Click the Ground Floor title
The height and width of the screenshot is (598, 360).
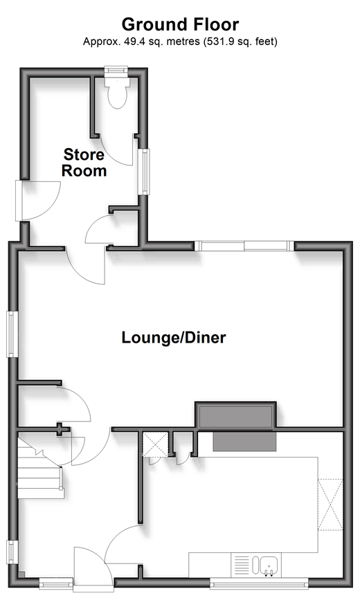pyautogui.click(x=180, y=24)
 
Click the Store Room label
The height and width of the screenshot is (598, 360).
pyautogui.click(x=84, y=163)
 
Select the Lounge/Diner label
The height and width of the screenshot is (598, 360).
pyautogui.click(x=174, y=338)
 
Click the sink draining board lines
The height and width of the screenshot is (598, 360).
pyautogui.click(x=241, y=565)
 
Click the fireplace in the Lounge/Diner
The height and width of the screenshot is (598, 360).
pyautogui.click(x=235, y=415)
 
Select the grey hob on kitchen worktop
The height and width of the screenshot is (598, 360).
pyautogui.click(x=244, y=442)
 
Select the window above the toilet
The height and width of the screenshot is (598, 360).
pyautogui.click(x=116, y=71)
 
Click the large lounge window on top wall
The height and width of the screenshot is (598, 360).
pyautogui.click(x=244, y=246)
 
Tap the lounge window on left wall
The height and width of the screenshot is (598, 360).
pyautogui.click(x=12, y=334)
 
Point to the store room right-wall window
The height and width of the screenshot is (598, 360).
pyautogui.click(x=144, y=171)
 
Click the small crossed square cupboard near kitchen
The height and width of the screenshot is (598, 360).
pyautogui.click(x=155, y=444)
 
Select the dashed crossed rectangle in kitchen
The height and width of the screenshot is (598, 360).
pyautogui.click(x=331, y=504)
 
